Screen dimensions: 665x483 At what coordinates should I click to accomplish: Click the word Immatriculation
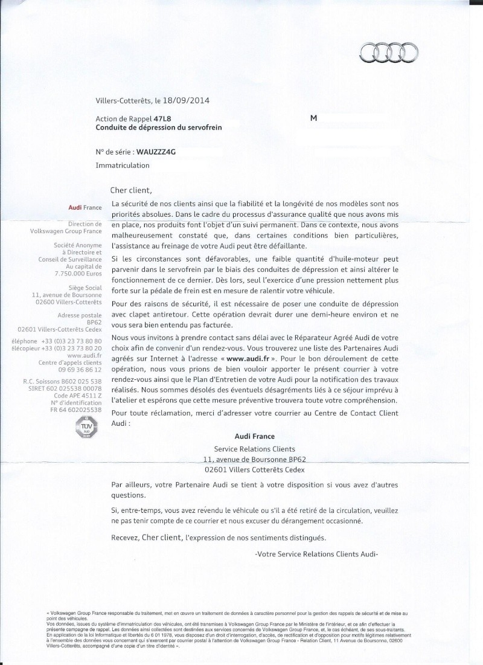[x=122, y=164]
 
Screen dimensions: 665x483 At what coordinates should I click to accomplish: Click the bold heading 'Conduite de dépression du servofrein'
[x=167, y=127]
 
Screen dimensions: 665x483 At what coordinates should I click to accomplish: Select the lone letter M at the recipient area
[x=313, y=118]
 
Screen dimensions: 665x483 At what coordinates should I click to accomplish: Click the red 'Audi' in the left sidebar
[x=77, y=208]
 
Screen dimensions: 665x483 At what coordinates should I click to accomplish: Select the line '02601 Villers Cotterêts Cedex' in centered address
[x=255, y=469]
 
